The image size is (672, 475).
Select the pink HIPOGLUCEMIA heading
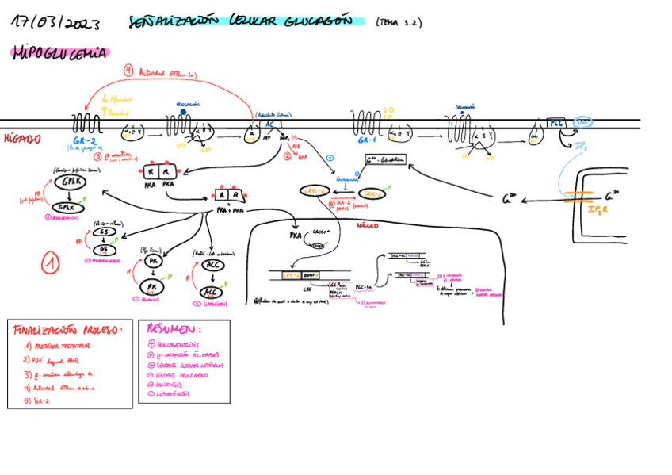click(x=60, y=54)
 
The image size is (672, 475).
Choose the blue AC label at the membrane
click(x=269, y=124)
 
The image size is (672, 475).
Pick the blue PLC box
click(x=556, y=123)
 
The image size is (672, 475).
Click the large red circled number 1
click(x=51, y=262)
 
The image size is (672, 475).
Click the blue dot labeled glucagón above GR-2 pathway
click(x=182, y=112)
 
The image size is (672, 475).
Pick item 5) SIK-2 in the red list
click(x=37, y=402)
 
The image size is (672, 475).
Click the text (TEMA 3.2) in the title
click(x=399, y=23)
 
